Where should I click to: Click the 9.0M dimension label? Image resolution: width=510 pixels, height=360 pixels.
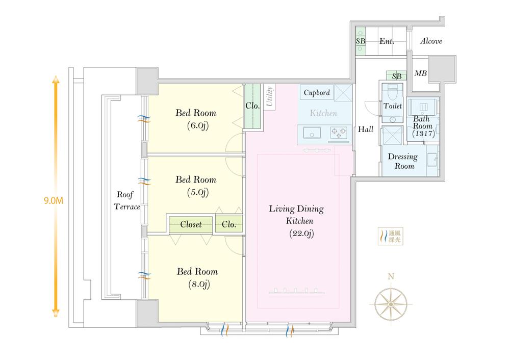(x=54, y=200)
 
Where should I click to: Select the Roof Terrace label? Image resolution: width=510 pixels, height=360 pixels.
(x=128, y=201)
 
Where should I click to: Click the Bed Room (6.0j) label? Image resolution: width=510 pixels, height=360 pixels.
(x=196, y=118)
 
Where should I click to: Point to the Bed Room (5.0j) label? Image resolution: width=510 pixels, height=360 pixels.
(x=196, y=186)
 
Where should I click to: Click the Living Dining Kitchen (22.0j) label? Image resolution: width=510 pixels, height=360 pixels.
(x=297, y=221)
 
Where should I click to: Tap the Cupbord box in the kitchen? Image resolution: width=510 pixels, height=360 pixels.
(x=317, y=93)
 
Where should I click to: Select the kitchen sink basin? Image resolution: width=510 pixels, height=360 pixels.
(x=311, y=133)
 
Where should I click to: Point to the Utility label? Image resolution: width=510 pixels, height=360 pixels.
(x=268, y=97)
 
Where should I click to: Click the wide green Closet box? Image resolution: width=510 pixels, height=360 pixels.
(x=191, y=224)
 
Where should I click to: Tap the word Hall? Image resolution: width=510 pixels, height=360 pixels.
(x=366, y=130)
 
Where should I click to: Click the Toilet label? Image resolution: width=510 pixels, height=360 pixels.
(x=392, y=106)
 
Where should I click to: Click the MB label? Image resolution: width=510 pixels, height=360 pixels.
(x=420, y=73)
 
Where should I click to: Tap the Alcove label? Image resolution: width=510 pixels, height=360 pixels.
(x=431, y=41)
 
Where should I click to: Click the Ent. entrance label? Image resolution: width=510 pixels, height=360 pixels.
(x=387, y=41)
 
